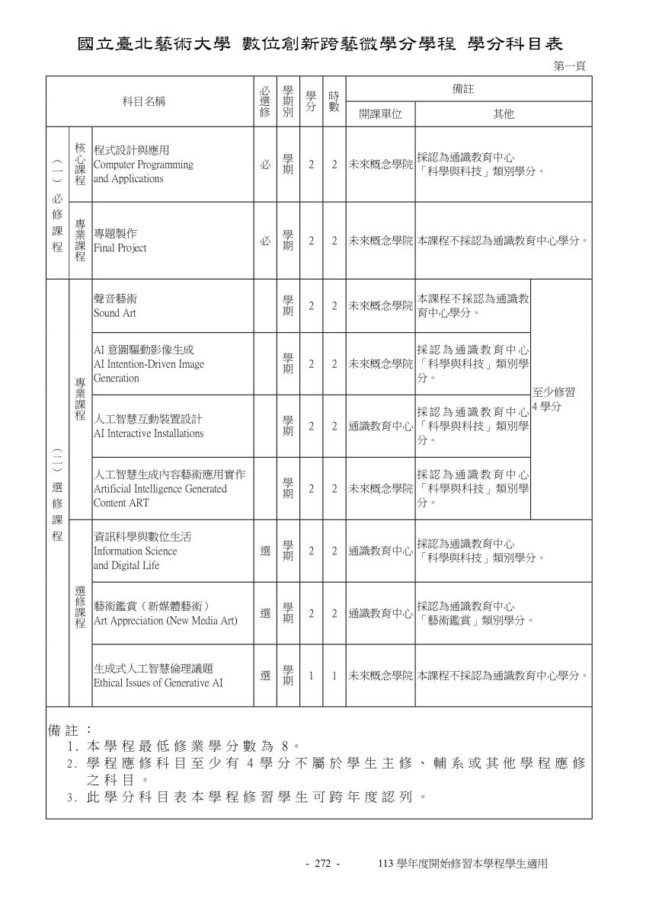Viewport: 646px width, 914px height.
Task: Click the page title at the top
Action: tap(323, 43)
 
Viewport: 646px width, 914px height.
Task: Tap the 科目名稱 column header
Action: tap(145, 101)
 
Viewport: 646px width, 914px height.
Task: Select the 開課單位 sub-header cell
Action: tap(380, 114)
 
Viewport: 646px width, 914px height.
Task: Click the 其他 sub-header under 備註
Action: tap(504, 114)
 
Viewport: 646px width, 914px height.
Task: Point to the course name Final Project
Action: tap(120, 241)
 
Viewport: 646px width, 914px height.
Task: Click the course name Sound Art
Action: tap(115, 305)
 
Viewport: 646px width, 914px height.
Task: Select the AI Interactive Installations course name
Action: tap(149, 426)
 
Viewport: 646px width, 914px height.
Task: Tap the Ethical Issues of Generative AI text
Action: tap(158, 676)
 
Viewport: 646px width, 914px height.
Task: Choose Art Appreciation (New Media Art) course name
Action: tap(165, 613)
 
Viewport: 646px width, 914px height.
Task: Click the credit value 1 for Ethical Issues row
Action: tap(311, 676)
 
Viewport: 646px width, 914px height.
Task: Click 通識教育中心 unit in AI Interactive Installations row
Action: tap(380, 426)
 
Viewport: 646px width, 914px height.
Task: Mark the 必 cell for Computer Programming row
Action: tap(264, 165)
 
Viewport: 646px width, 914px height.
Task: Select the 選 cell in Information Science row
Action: tap(264, 551)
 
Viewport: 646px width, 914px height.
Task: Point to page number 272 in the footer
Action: tap(321, 864)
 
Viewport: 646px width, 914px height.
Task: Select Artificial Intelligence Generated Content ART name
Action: tap(169, 488)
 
